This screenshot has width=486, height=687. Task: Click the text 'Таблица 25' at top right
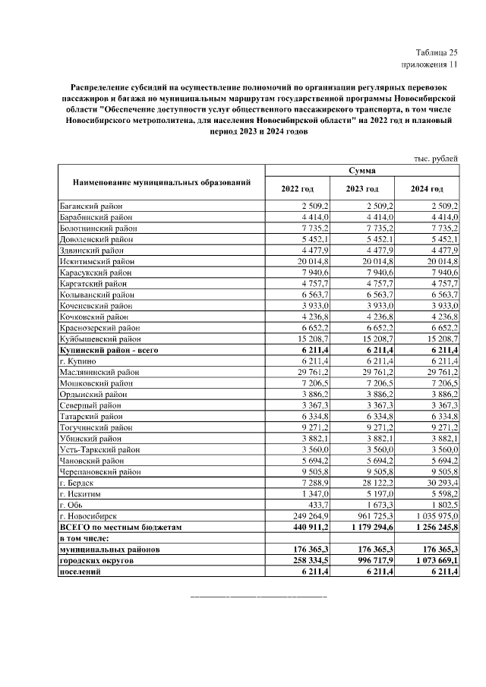pyautogui.click(x=437, y=52)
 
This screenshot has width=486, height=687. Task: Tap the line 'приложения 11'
pyautogui.click(x=432, y=65)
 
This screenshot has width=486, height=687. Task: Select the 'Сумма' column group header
pyautogui.click(x=361, y=172)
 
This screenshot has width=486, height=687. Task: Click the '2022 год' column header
pyautogui.click(x=297, y=189)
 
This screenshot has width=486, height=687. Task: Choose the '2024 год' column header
pyautogui.click(x=427, y=189)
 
